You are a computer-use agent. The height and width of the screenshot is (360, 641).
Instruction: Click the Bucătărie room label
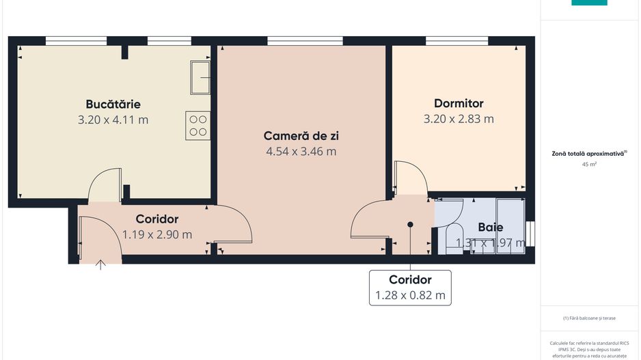click(113, 105)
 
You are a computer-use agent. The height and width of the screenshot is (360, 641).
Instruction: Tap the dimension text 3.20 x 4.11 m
click(113, 120)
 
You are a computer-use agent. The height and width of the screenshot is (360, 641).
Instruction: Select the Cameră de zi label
click(301, 136)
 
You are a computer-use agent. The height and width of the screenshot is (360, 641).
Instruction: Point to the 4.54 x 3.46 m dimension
click(301, 152)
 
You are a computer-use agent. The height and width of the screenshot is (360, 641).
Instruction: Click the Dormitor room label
click(459, 104)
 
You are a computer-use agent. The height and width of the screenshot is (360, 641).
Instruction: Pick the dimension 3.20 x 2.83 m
click(459, 119)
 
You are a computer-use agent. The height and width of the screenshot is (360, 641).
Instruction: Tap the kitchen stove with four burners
click(197, 126)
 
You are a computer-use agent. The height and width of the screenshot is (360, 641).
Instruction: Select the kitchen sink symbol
click(200, 77)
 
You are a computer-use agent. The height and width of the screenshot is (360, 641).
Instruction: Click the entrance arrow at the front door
click(101, 264)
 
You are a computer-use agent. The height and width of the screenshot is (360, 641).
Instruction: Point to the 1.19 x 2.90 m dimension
click(157, 234)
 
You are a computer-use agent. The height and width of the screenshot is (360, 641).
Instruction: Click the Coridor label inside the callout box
click(410, 279)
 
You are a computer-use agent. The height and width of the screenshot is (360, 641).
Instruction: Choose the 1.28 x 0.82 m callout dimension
click(410, 296)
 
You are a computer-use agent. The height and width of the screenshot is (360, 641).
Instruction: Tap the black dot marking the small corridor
click(410, 224)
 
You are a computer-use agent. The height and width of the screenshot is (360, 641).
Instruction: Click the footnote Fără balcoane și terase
click(588, 318)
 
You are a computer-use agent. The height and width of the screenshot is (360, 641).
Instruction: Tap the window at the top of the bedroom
click(457, 41)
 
